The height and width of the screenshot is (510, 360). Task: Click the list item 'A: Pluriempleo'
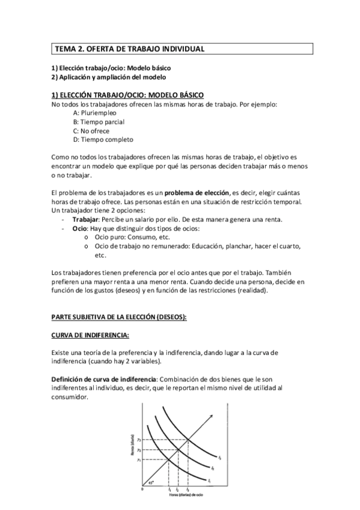[x=94, y=113]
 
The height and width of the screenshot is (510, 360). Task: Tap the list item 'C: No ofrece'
[x=91, y=131]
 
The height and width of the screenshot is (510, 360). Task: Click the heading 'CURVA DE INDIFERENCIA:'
[x=90, y=334]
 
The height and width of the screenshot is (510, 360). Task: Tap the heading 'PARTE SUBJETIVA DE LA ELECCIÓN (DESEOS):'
[x=119, y=316]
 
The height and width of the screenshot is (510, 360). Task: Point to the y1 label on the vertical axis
[x=139, y=459]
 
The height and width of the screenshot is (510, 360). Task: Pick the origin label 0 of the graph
[x=142, y=490]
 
